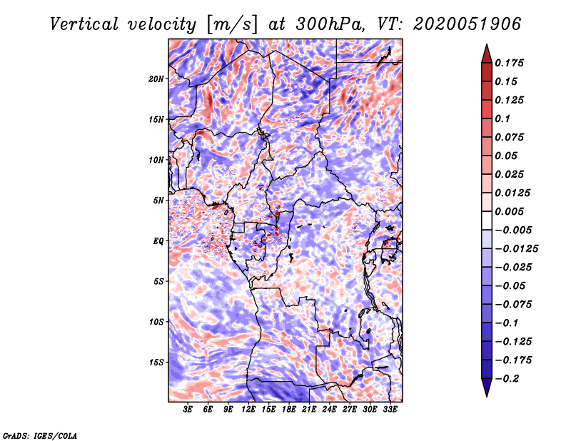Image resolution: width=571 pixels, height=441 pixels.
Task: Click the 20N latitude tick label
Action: click(x=157, y=78)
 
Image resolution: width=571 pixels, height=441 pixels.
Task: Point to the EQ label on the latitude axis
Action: click(x=158, y=241)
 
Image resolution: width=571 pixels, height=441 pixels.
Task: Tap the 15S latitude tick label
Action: click(x=157, y=363)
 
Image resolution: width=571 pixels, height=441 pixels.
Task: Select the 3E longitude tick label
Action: click(x=188, y=410)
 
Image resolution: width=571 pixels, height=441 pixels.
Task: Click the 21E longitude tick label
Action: click(x=309, y=410)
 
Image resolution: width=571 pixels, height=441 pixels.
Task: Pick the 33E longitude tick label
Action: click(x=390, y=410)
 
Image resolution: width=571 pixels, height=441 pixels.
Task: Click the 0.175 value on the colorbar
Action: click(x=512, y=63)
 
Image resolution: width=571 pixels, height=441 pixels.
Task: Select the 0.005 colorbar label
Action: click(x=512, y=211)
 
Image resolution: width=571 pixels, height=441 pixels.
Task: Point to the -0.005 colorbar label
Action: click(x=515, y=230)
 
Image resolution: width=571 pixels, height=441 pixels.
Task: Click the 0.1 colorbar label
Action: click(x=507, y=118)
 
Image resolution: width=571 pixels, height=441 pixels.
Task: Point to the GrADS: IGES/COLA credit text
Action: click(x=40, y=435)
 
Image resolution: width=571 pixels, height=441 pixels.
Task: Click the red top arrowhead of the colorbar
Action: click(x=485, y=52)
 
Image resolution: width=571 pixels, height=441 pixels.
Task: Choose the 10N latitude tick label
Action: click(x=157, y=160)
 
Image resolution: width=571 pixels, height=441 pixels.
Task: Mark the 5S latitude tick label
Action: click(x=159, y=281)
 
